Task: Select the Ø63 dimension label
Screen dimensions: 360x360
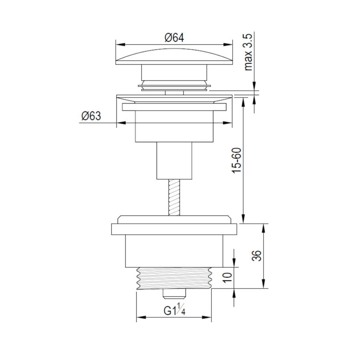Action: click(91, 116)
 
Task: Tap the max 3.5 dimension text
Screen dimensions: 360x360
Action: click(248, 52)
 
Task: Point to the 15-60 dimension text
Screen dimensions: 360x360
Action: click(237, 160)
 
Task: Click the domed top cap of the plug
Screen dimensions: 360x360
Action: click(174, 56)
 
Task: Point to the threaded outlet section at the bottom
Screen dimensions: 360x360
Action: click(174, 277)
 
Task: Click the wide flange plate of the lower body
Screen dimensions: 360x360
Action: click(174, 229)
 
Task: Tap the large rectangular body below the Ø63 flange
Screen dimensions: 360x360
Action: click(174, 126)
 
